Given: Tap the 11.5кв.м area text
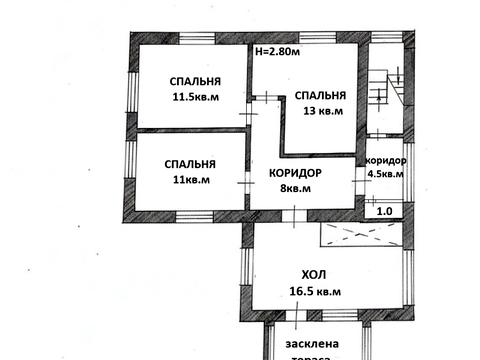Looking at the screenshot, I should pos(196,97).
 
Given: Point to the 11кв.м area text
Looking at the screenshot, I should pos(191,180).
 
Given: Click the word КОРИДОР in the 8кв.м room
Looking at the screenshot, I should pos(295,172).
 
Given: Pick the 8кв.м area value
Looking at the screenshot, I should pos(295,187).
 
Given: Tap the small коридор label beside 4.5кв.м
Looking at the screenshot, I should pos(386,161).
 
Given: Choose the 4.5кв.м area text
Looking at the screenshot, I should pos(386,173).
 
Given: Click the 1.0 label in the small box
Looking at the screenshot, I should pos(384,211).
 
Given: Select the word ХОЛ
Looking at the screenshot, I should pos(316,274).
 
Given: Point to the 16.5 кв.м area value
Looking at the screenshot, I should pos(315,291).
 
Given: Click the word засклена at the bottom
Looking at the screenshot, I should pos(310,343).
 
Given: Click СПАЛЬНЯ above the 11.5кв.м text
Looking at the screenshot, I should pos(195,81).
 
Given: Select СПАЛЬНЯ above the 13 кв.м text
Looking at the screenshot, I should pos(320,95).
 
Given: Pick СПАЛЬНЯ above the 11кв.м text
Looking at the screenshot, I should pos(191,164).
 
